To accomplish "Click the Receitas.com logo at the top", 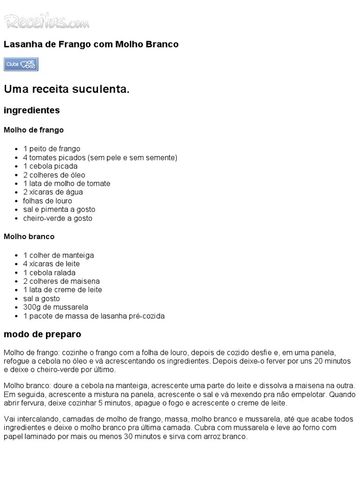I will tap(46, 21).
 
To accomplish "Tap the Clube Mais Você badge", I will tap(21, 64).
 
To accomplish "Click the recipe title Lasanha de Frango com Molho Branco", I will tap(91, 45).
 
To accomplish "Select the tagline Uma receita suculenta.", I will tap(66, 89).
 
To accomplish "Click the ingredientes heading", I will tap(32, 111).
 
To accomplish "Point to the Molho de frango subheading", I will tap(34, 130).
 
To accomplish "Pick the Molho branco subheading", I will tap(29, 237).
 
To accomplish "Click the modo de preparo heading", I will tap(42, 335).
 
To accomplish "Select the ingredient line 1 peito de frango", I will tap(52, 149).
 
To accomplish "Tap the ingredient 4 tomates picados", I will tap(100, 157).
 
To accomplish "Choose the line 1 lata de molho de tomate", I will tap(67, 183).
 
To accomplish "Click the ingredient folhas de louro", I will tap(47, 201).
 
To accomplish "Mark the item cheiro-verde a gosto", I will tap(58, 218).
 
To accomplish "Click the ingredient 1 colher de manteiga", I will tap(59, 255).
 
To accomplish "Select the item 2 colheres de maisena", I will tap(61, 281).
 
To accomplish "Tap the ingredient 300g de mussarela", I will tap(55, 307).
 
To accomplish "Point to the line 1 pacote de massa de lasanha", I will tap(94, 316).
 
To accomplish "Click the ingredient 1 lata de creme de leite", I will tap(62, 290).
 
